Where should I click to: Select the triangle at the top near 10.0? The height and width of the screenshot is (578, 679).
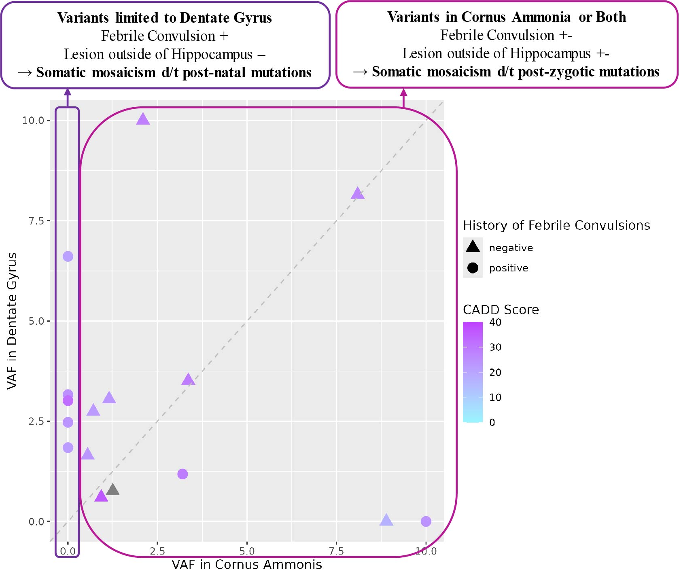coord(143,119)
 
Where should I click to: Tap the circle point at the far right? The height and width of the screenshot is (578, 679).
coord(426,521)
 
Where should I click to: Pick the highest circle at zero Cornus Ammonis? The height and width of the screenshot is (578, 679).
coord(68,256)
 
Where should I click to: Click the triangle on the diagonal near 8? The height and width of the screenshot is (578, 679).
coord(358,194)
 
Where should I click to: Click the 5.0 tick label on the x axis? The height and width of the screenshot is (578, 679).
coord(247,551)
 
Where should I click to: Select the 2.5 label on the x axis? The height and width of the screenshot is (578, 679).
coord(157,551)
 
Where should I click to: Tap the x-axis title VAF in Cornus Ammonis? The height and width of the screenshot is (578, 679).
coord(247,565)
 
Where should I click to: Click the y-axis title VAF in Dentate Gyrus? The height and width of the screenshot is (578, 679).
coord(12,321)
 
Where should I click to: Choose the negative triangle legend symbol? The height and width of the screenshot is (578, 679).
coord(473,247)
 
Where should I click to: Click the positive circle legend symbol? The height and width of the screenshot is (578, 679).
coord(473,268)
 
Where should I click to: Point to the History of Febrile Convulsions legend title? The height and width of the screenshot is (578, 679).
coord(556,225)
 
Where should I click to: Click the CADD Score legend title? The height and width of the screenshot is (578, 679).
coord(501,310)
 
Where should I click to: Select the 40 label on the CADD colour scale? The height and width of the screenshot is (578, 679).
coord(495,322)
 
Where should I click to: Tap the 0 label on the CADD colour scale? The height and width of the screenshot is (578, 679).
coord(492,422)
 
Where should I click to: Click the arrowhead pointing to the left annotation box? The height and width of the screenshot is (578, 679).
coord(68,92)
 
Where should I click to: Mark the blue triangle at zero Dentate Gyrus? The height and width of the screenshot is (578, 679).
coord(386,520)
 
